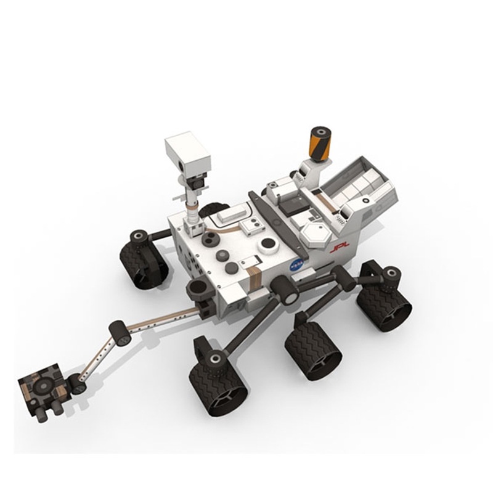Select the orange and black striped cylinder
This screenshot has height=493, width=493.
click(319, 143)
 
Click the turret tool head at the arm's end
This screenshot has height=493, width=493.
click(42, 389)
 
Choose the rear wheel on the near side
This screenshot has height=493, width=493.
click(385, 302)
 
